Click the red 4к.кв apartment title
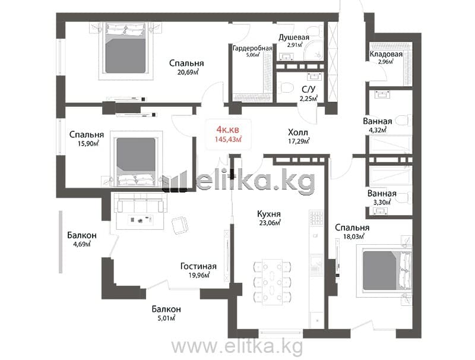227,130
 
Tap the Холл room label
298,132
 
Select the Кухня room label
269,214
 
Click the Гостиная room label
198,266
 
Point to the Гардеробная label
252,48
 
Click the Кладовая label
386,54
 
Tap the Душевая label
294,37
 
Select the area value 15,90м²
88,143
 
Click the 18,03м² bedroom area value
353,236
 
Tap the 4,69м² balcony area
82,244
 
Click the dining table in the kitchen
272,281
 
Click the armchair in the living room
180,225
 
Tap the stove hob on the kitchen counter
316,217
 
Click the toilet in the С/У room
286,88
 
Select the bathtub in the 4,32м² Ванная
391,144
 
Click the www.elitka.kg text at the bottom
237,346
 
